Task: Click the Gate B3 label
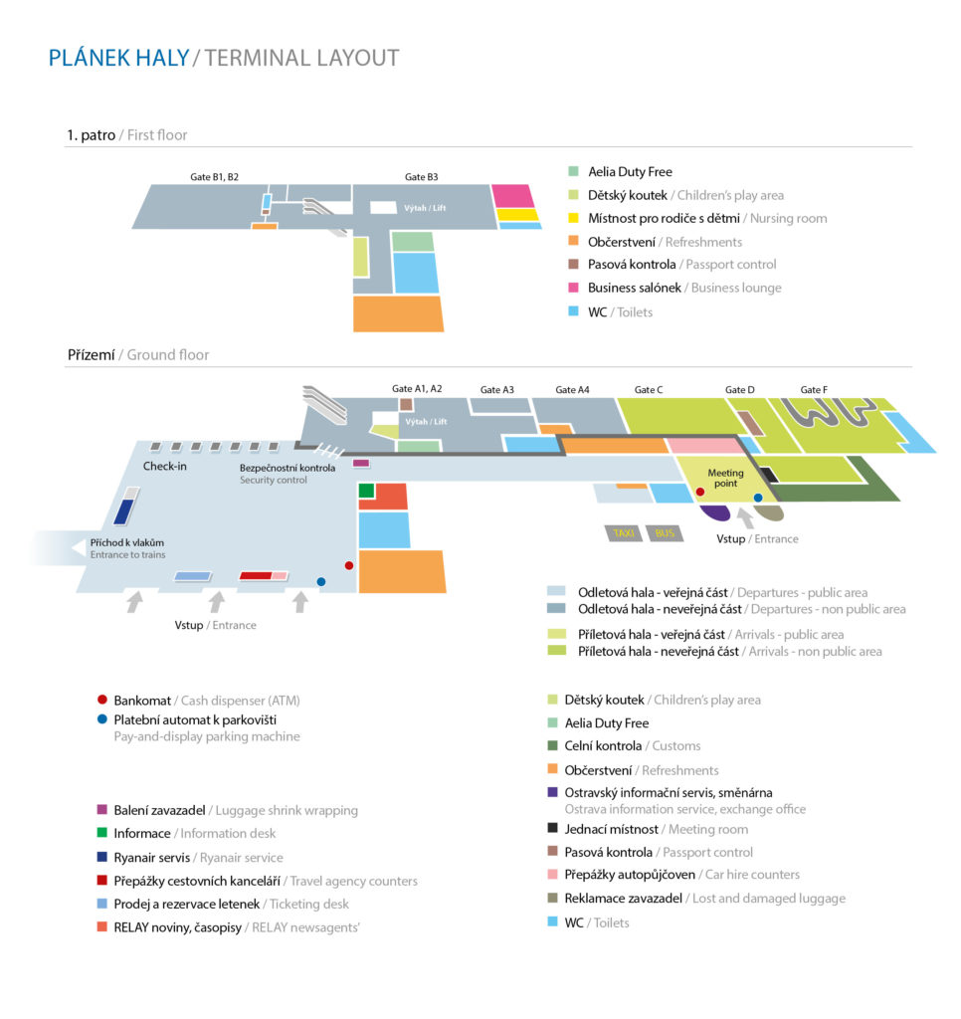[x=421, y=177]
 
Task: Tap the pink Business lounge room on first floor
[x=512, y=196]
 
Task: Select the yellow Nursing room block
[x=517, y=215]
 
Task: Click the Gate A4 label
[x=572, y=390]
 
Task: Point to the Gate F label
[x=814, y=390]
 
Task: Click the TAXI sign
[x=623, y=533]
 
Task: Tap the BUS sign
[x=665, y=533]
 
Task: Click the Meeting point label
[x=725, y=479]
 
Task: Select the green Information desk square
[x=366, y=491]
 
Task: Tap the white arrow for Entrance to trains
[x=78, y=548]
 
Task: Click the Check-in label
[x=164, y=466]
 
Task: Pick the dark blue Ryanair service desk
[x=123, y=511]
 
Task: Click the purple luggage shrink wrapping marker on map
[x=360, y=464]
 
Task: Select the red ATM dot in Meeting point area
[x=699, y=492]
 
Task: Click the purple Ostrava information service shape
[x=715, y=512]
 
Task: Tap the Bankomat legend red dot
[x=102, y=700]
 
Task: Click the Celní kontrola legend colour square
[x=553, y=745]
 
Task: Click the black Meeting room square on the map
[x=769, y=475]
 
